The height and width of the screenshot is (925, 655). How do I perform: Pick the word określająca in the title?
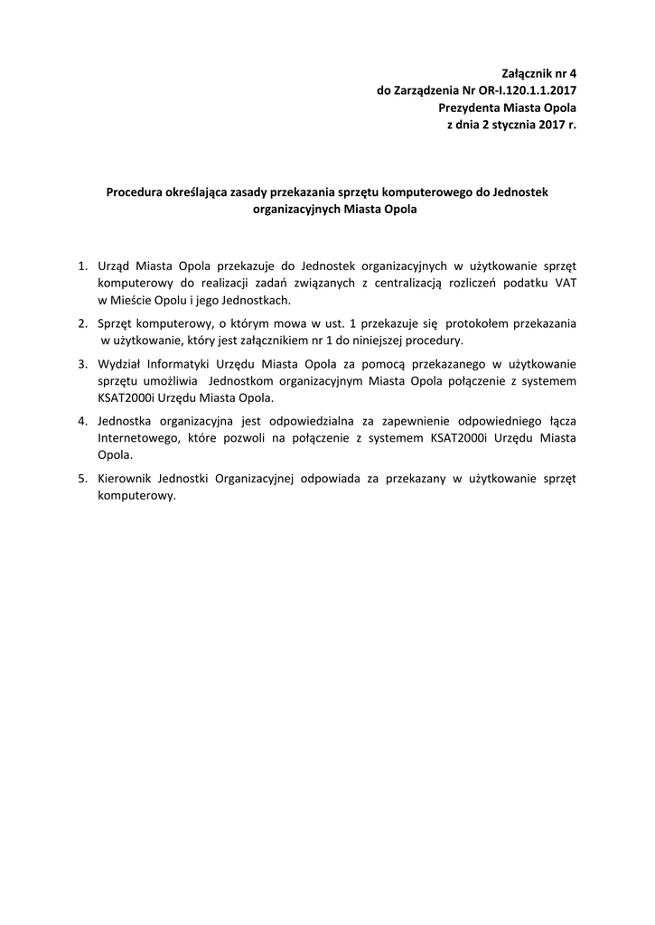(x=201, y=192)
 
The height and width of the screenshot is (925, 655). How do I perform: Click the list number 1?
(x=81, y=266)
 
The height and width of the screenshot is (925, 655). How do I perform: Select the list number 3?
(x=81, y=364)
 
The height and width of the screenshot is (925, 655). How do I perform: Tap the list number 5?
(x=81, y=479)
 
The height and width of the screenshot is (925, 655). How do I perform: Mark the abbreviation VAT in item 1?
(x=565, y=284)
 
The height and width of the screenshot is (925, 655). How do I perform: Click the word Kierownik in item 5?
(x=125, y=479)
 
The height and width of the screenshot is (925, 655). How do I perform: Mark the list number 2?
(x=81, y=322)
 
